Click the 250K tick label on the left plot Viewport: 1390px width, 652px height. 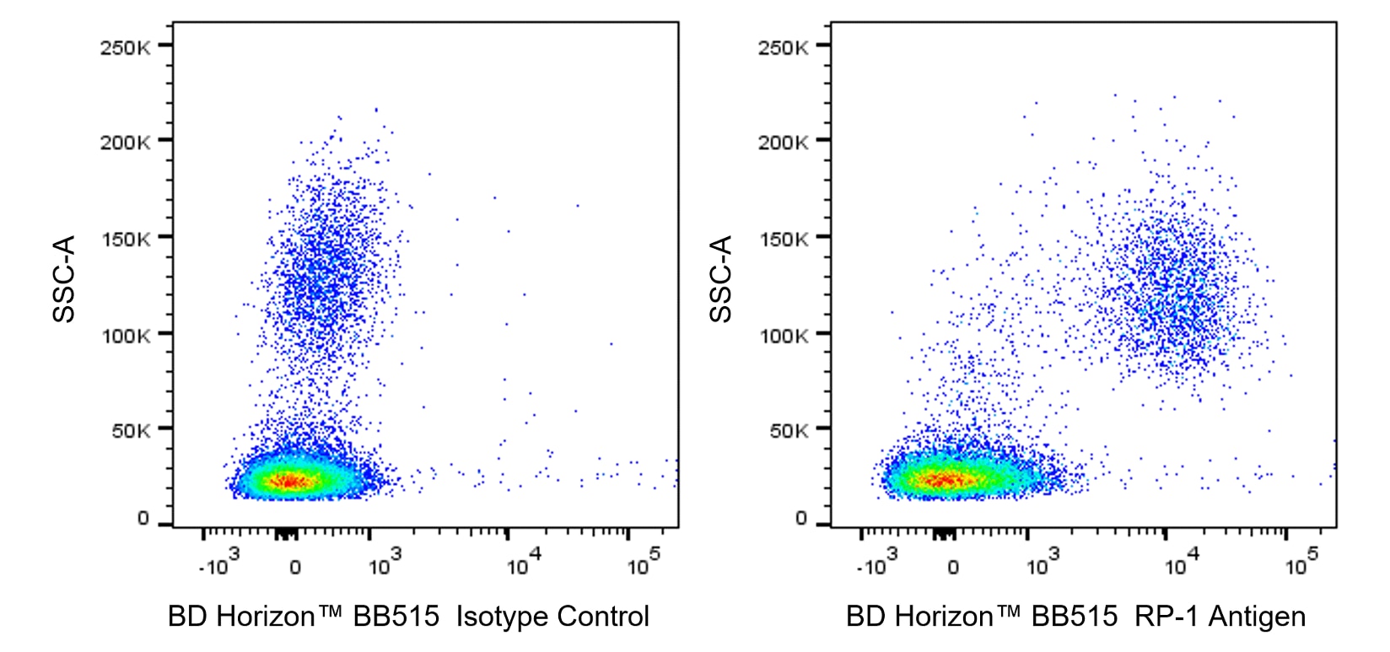pyautogui.click(x=125, y=47)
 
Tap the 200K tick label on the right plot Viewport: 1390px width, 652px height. pyautogui.click(x=783, y=143)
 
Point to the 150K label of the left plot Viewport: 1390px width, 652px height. pyautogui.click(x=125, y=240)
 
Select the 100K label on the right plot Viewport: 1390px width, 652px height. pyautogui.click(x=783, y=336)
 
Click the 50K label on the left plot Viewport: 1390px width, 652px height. pyautogui.click(x=130, y=431)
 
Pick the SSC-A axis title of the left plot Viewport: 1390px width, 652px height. pyautogui.click(x=65, y=278)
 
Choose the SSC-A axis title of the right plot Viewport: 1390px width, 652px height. pyautogui.click(x=722, y=278)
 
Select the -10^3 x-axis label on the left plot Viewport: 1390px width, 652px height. pyautogui.click(x=218, y=562)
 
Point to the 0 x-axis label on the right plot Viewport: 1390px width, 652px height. pyautogui.click(x=953, y=568)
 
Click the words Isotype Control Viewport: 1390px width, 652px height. pyautogui.click(x=552, y=617)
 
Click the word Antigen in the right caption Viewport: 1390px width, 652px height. pyautogui.click(x=1257, y=617)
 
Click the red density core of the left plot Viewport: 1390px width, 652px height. pyautogui.click(x=289, y=482)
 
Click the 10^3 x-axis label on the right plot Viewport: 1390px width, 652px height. pyautogui.click(x=1042, y=562)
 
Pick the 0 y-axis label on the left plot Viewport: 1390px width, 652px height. pyautogui.click(x=143, y=519)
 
